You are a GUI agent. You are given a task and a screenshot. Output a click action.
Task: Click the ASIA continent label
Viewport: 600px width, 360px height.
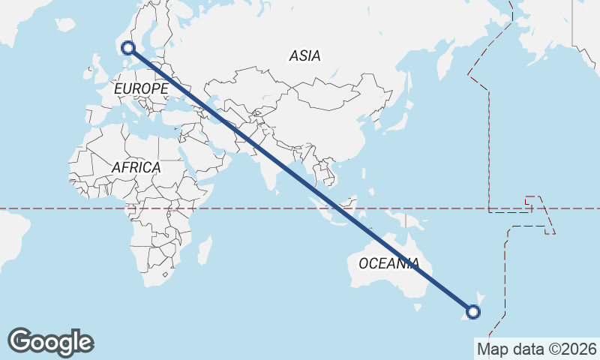point(304,55)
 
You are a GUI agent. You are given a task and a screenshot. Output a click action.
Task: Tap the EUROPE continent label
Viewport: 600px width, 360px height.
point(141,88)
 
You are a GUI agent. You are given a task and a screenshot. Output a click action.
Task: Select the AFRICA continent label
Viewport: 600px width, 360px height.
point(136,167)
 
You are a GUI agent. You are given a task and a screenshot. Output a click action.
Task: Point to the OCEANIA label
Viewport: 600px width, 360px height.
point(388,263)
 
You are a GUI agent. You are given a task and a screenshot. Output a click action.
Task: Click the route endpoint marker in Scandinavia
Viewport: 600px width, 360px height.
point(128,48)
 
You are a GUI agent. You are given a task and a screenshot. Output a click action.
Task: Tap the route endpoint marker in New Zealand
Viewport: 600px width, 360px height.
point(473,312)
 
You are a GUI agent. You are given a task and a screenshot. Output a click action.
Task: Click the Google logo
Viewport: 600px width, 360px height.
point(50,342)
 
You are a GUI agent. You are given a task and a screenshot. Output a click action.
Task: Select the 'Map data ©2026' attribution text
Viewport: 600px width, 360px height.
point(536,349)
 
